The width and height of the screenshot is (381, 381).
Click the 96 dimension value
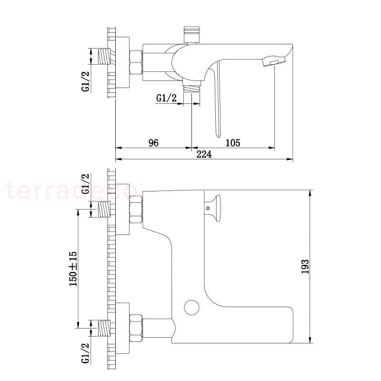click(153, 143)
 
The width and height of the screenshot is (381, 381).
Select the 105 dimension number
click(233, 143)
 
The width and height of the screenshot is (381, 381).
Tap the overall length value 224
click(204, 154)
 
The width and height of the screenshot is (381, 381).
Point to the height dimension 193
click(305, 267)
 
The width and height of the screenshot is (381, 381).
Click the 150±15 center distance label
click(73, 269)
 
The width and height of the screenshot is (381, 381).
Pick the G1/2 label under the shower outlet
click(166, 98)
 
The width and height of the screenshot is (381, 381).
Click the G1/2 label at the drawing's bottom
click(86, 353)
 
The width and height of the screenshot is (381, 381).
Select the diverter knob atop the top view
click(192, 35)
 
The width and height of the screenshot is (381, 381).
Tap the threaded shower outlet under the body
click(192, 87)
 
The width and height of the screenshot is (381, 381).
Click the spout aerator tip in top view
click(273, 61)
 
